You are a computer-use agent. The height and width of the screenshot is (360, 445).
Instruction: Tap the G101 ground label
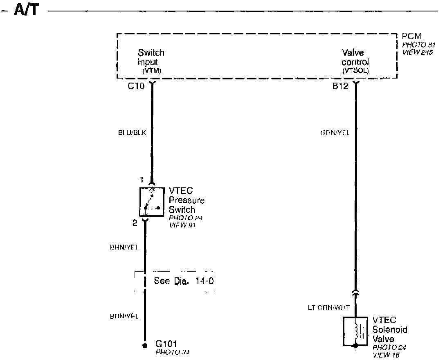tap(166, 344)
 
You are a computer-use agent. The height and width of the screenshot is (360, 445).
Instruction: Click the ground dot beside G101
tap(144, 345)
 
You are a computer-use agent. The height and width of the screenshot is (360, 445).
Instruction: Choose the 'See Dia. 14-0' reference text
tap(184, 281)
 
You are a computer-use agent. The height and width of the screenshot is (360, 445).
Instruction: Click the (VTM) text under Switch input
tap(152, 71)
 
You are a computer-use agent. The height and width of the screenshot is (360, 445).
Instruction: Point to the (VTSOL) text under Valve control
tap(355, 71)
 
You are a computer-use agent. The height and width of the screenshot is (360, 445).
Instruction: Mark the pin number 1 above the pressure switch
tap(142, 180)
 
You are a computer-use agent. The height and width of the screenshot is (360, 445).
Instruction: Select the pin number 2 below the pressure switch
tap(135, 223)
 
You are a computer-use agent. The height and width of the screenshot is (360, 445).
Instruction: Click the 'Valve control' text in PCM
tap(355, 57)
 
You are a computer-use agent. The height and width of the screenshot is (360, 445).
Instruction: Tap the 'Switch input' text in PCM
tap(151, 57)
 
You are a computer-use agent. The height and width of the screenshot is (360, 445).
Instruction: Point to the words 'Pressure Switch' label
tap(187, 205)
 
